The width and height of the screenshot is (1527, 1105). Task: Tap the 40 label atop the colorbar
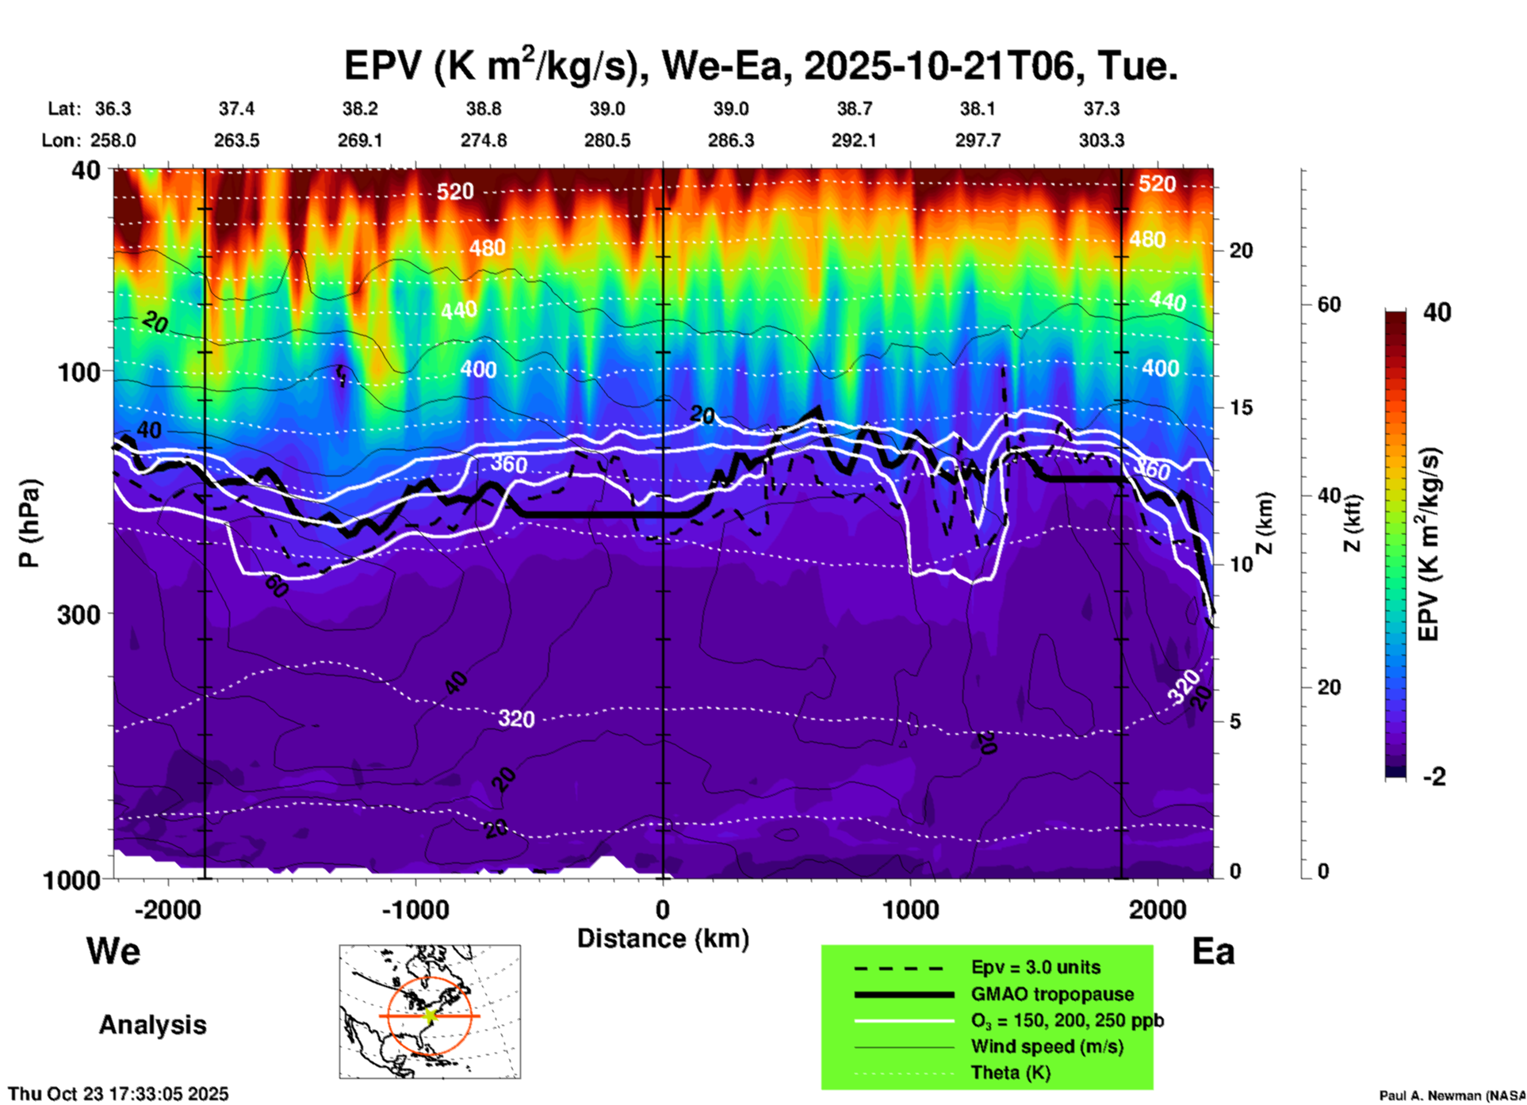click(x=1437, y=312)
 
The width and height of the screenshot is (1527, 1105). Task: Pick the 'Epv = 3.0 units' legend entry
click(x=1035, y=968)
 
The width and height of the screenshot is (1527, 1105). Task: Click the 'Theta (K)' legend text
click(x=1010, y=1072)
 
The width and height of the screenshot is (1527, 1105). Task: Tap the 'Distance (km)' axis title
click(x=663, y=939)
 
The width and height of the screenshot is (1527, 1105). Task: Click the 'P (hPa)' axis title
click(x=29, y=523)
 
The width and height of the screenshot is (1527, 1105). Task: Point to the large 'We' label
click(x=113, y=950)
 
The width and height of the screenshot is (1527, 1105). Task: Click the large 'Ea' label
click(x=1213, y=951)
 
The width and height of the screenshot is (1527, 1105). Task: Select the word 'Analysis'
click(x=152, y=1025)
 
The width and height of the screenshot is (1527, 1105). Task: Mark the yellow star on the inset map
click(x=431, y=1015)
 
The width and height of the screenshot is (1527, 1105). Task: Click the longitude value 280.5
click(x=607, y=140)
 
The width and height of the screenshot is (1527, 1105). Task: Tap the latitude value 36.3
click(x=113, y=109)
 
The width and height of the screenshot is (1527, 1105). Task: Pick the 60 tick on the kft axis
click(x=1329, y=304)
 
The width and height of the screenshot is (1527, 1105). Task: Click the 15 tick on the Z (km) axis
click(x=1241, y=407)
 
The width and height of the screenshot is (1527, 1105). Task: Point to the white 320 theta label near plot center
click(x=516, y=719)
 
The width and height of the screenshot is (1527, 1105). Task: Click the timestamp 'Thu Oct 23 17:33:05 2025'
click(x=118, y=1094)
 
